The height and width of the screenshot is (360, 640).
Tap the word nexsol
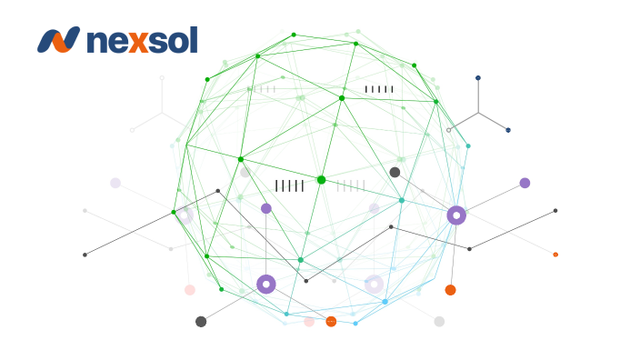tap(141, 40)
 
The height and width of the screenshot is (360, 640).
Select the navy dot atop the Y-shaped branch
tap(478, 78)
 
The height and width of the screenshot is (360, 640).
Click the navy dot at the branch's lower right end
tap(508, 130)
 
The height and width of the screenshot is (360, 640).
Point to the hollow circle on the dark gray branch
tap(448, 130)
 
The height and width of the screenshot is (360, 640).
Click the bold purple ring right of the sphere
tap(456, 215)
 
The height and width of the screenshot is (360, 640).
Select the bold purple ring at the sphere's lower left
tap(266, 285)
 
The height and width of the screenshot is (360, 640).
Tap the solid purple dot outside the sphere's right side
tap(525, 183)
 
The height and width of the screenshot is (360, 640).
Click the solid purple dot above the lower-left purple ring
tap(266, 208)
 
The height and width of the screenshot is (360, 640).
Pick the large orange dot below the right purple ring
tap(450, 290)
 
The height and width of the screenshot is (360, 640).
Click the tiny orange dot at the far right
tap(555, 255)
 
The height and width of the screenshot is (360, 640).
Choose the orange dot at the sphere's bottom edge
tap(331, 321)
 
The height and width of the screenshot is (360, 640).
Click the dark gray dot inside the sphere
tap(395, 172)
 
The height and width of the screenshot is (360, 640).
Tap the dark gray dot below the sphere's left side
tap(201, 321)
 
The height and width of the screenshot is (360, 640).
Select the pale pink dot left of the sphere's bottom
tap(190, 290)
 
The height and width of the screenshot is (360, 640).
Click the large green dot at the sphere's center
tap(321, 180)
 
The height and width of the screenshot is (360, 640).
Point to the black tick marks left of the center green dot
tap(289, 185)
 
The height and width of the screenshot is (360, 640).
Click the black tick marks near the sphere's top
tap(379, 89)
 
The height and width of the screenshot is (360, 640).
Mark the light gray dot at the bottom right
tap(439, 321)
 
